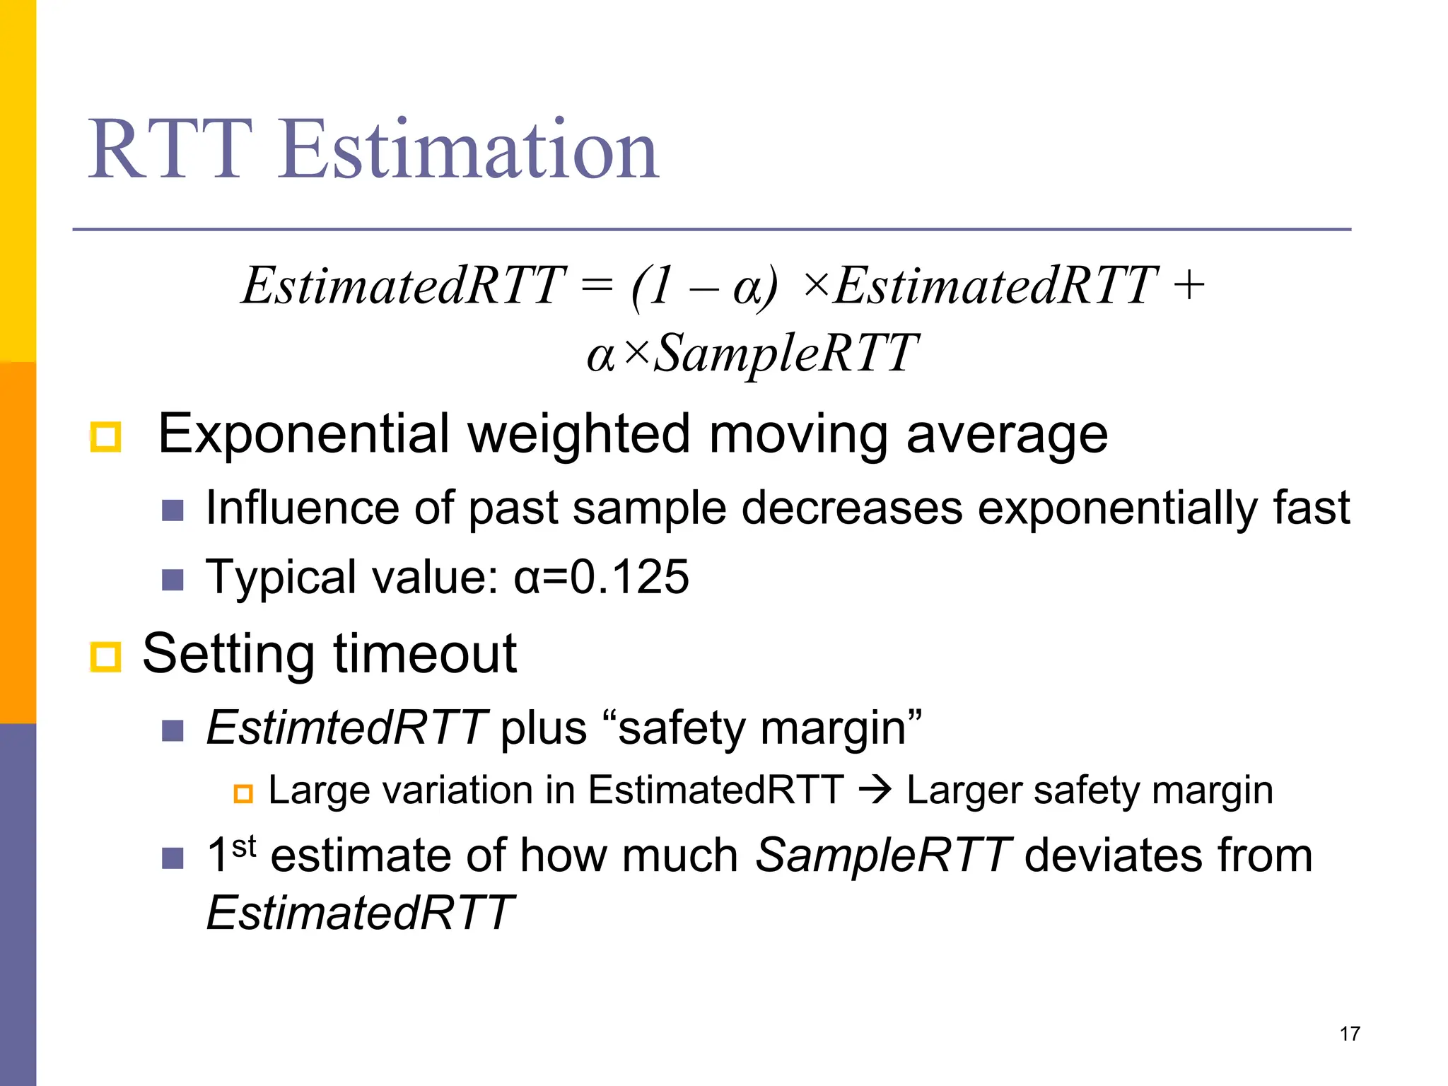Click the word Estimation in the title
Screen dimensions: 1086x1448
click(469, 150)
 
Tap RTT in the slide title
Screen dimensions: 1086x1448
click(170, 150)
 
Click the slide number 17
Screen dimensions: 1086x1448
click(1349, 1034)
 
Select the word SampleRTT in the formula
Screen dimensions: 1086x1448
click(785, 353)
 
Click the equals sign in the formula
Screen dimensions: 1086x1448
click(596, 286)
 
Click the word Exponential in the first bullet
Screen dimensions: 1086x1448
click(303, 434)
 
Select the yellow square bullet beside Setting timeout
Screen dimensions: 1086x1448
click(106, 657)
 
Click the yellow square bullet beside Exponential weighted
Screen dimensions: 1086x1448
click(106, 437)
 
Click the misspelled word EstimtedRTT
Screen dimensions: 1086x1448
click(346, 728)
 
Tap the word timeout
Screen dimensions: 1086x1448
click(424, 654)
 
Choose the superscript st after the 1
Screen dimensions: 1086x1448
click(244, 846)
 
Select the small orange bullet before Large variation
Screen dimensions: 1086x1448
click(243, 794)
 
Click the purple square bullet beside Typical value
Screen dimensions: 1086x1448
click(173, 580)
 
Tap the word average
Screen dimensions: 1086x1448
click(1007, 434)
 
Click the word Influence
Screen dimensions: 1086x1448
click(302, 508)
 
